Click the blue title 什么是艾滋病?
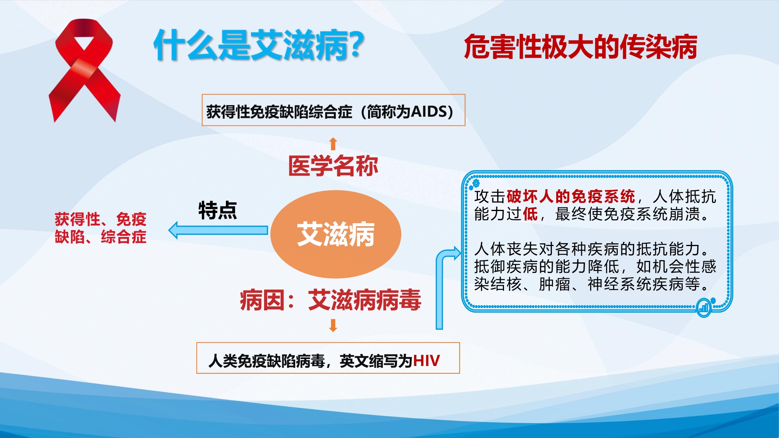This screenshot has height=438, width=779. [x=259, y=46]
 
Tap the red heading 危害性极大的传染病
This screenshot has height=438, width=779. [x=580, y=47]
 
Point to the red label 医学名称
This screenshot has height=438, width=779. [x=333, y=166]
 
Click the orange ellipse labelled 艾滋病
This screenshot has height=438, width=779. [x=336, y=234]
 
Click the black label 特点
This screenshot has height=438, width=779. [x=218, y=211]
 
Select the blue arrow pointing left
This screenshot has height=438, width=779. [x=218, y=230]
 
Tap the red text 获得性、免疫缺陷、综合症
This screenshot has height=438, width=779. [x=100, y=228]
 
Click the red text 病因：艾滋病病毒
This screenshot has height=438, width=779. [x=330, y=300]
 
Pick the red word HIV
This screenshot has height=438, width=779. [x=427, y=361]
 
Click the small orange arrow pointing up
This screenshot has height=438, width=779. [x=333, y=144]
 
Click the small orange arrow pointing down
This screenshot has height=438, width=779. [x=333, y=325]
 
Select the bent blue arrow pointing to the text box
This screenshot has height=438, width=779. [x=440, y=288]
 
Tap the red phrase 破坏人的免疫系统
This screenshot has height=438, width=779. [x=571, y=197]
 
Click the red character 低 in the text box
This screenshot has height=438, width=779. [x=530, y=214]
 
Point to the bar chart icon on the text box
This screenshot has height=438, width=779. [x=703, y=308]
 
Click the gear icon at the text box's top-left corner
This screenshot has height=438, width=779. [x=476, y=182]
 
